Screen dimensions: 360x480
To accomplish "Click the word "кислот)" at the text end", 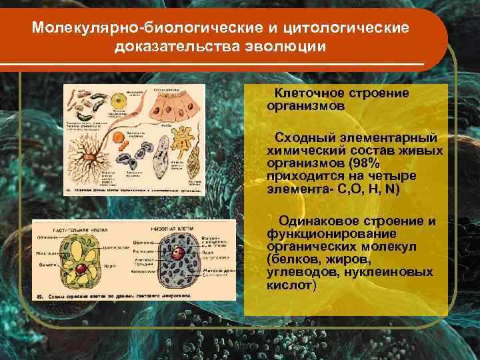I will [x=291, y=285].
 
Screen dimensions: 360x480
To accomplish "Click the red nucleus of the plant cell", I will [x=81, y=269].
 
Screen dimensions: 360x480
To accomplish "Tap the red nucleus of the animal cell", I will [x=179, y=254].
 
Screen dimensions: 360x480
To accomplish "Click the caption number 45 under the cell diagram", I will [x=41, y=294].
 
